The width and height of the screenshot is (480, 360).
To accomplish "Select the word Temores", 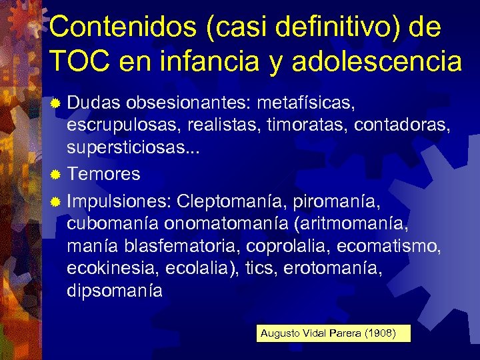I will pyautogui.click(x=103, y=175).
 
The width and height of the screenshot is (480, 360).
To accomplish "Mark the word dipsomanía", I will pyautogui.click(x=114, y=291).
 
